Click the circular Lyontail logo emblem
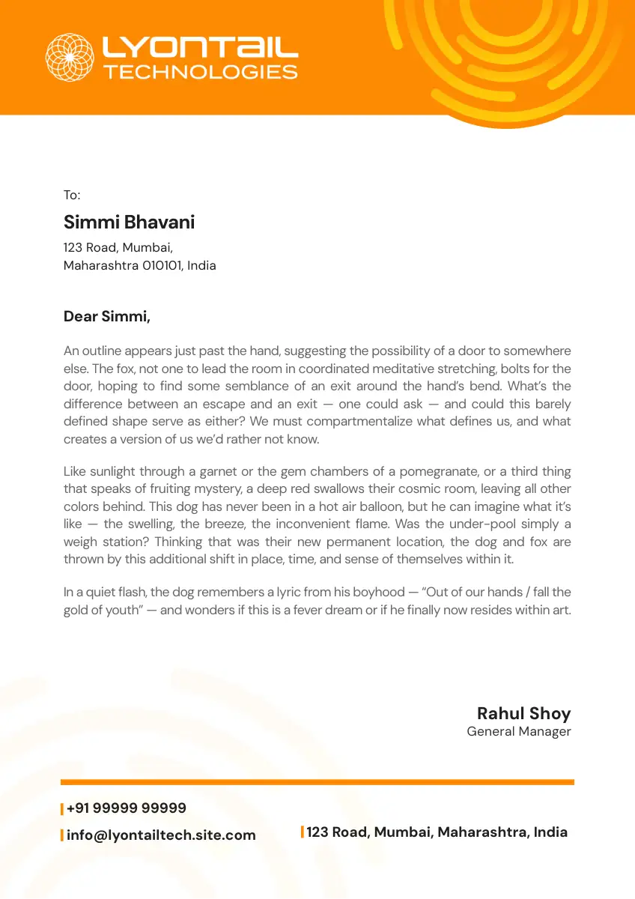coord(70,57)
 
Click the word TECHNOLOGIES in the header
coord(201,73)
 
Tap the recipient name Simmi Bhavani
coord(129,223)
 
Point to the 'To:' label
coord(71,196)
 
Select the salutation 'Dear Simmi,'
coord(107,317)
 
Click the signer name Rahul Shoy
coord(523,713)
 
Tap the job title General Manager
coord(518,732)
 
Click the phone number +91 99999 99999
coord(126,808)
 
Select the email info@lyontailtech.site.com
coord(161,835)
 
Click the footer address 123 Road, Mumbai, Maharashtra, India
coord(437,832)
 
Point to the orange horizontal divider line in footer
coord(317,782)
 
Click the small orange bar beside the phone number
coord(62,809)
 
